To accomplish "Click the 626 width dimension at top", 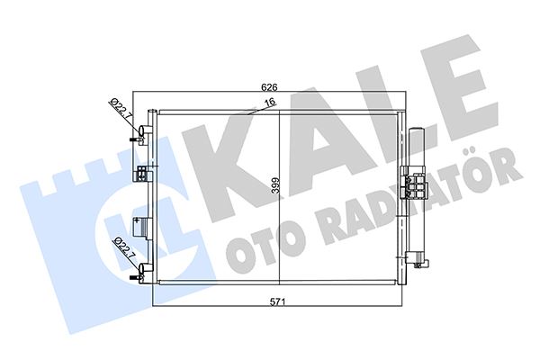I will point(268,87).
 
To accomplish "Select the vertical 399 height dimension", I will point(276,189).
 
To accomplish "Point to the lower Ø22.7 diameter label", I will point(119,247).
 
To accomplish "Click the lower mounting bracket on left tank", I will point(143,225).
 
